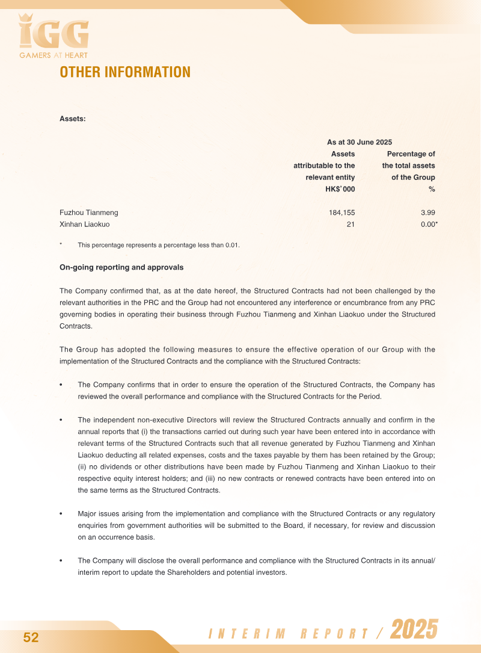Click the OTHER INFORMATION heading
pyautogui.click(x=125, y=72)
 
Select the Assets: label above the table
pyautogui.click(x=73, y=119)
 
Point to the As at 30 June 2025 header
pyautogui.click(x=359, y=143)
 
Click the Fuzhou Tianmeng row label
pyautogui.click(x=89, y=212)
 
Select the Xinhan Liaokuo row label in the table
pyautogui.click(x=85, y=224)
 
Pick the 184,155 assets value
pyautogui.click(x=340, y=212)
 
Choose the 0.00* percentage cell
pyautogui.click(x=429, y=224)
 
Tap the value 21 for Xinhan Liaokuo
pyautogui.click(x=351, y=224)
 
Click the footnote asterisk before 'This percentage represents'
pyautogui.click(x=61, y=244)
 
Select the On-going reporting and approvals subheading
pyautogui.click(x=121, y=267)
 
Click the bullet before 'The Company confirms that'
pyautogui.click(x=61, y=385)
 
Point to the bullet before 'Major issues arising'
pyautogui.click(x=61, y=514)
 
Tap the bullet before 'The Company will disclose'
pyautogui.click(x=61, y=561)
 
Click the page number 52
pyautogui.click(x=31, y=638)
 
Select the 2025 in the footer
pyautogui.click(x=414, y=630)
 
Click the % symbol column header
pyautogui.click(x=432, y=189)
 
